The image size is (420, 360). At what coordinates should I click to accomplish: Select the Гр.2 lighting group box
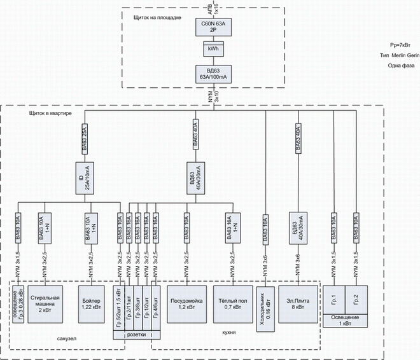pyautogui.click(x=355, y=296)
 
